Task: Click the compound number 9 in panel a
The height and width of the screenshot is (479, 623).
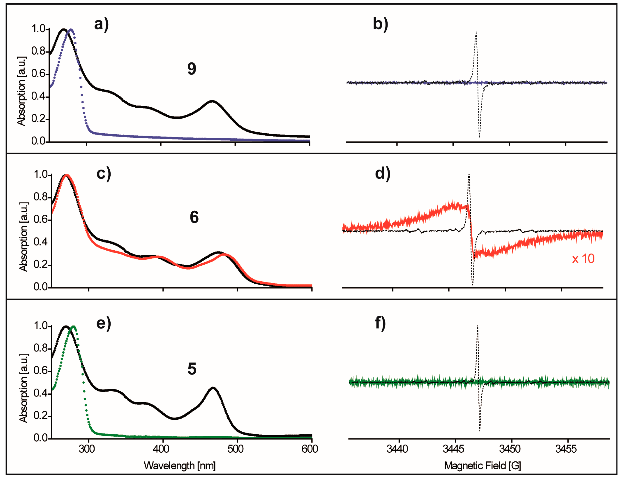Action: (192, 69)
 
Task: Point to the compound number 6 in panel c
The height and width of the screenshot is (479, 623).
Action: (194, 217)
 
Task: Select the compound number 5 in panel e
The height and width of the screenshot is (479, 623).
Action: (192, 369)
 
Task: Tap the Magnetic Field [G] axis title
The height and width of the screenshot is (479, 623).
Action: (482, 466)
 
